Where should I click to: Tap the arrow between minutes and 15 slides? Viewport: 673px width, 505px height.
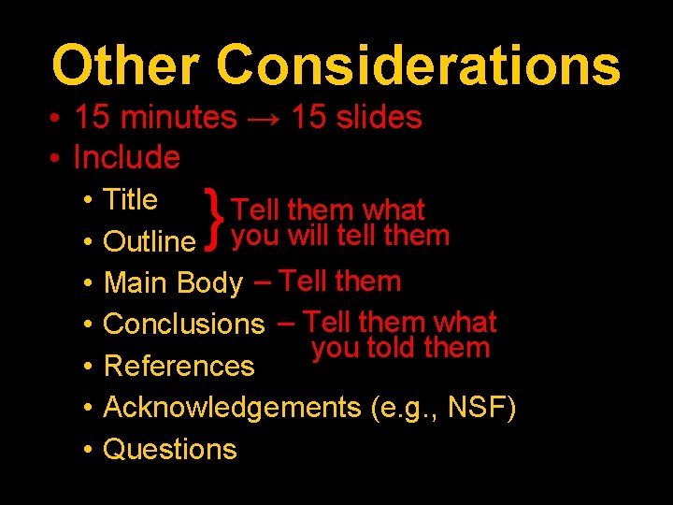pyautogui.click(x=264, y=118)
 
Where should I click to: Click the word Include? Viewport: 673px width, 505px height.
pyautogui.click(x=126, y=157)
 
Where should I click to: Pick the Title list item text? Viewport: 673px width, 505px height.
pyautogui.click(x=130, y=200)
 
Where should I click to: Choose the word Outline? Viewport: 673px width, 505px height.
pyautogui.click(x=149, y=242)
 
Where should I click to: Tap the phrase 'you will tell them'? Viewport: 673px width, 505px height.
pyautogui.click(x=340, y=236)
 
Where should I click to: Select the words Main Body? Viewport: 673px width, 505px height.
pyautogui.click(x=173, y=282)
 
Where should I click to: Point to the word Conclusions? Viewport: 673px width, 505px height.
pyautogui.click(x=184, y=325)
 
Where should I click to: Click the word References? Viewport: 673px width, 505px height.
pyautogui.click(x=179, y=367)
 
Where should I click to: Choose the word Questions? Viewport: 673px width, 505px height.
pyautogui.click(x=169, y=449)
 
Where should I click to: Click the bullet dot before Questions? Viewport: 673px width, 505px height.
pyautogui.click(x=85, y=450)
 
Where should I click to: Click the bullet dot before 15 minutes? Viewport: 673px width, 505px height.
pyautogui.click(x=57, y=119)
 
